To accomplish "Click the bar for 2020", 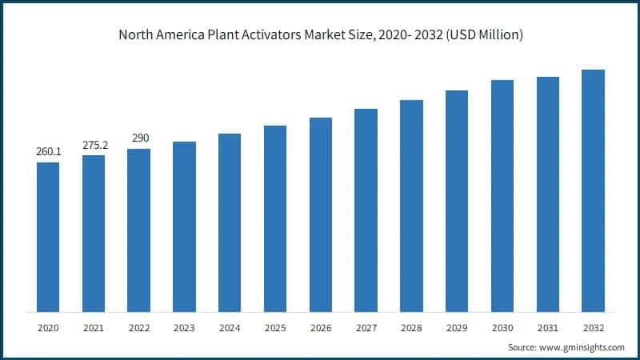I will [48, 237].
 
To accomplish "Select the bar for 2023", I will [184, 226].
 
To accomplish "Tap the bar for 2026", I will [321, 214].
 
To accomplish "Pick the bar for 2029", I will [457, 201].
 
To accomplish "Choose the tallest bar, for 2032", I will [593, 190].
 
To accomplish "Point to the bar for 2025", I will [275, 218].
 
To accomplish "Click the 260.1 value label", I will [48, 151].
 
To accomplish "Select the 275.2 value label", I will [94, 145].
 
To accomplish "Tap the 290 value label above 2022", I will [139, 138].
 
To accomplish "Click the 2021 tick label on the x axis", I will [94, 328].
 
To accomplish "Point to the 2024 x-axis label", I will [230, 328].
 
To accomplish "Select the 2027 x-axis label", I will [366, 328].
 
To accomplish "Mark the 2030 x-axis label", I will [502, 328].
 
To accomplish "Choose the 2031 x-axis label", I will [547, 328].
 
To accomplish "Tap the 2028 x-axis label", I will [411, 328].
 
